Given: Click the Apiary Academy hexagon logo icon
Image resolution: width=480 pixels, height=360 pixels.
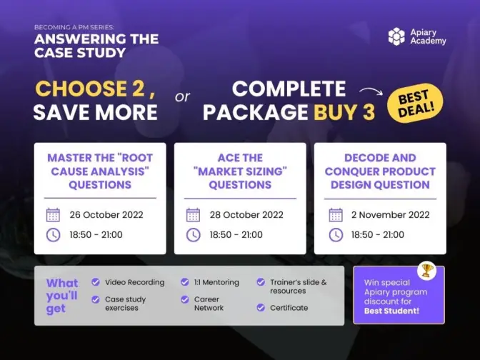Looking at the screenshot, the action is click(x=396, y=36).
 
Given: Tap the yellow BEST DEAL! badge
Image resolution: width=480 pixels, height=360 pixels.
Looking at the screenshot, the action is click(x=416, y=103).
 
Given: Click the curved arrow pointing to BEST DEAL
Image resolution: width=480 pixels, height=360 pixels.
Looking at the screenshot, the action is click(x=371, y=91).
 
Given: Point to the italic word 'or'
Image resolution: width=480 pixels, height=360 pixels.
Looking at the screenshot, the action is click(x=182, y=97).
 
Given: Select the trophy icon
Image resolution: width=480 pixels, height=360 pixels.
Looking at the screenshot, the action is click(x=426, y=270).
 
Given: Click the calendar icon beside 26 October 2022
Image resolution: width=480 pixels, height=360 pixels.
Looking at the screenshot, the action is click(x=53, y=214).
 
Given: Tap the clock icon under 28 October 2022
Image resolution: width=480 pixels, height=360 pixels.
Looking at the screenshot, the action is click(x=193, y=235).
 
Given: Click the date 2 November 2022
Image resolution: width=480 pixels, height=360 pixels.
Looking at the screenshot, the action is click(x=390, y=214).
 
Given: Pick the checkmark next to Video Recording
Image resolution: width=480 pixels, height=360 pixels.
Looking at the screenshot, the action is click(x=96, y=282).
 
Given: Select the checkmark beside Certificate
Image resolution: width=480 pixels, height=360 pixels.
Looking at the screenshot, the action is click(x=261, y=307).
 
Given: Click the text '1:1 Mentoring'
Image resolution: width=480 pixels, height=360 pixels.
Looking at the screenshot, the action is click(x=216, y=282).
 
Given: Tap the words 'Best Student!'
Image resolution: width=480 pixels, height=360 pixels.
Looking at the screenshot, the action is click(x=391, y=311).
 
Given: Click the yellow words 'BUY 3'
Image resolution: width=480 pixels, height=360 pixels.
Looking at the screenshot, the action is click(x=344, y=111).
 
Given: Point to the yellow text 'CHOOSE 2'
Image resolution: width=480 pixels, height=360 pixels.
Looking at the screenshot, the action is click(x=90, y=89).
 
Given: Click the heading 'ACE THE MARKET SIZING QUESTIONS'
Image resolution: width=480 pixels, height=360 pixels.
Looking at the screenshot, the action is click(x=240, y=171).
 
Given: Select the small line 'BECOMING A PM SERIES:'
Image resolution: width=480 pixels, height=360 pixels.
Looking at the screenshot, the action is click(x=74, y=27).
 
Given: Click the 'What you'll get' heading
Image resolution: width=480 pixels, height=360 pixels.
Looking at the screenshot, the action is click(x=62, y=296).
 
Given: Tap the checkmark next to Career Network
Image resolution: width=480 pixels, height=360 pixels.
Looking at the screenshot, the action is click(x=184, y=299).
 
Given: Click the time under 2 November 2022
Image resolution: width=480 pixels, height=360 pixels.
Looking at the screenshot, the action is click(x=377, y=235).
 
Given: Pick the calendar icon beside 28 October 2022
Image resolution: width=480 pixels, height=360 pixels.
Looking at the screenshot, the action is click(x=193, y=214).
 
